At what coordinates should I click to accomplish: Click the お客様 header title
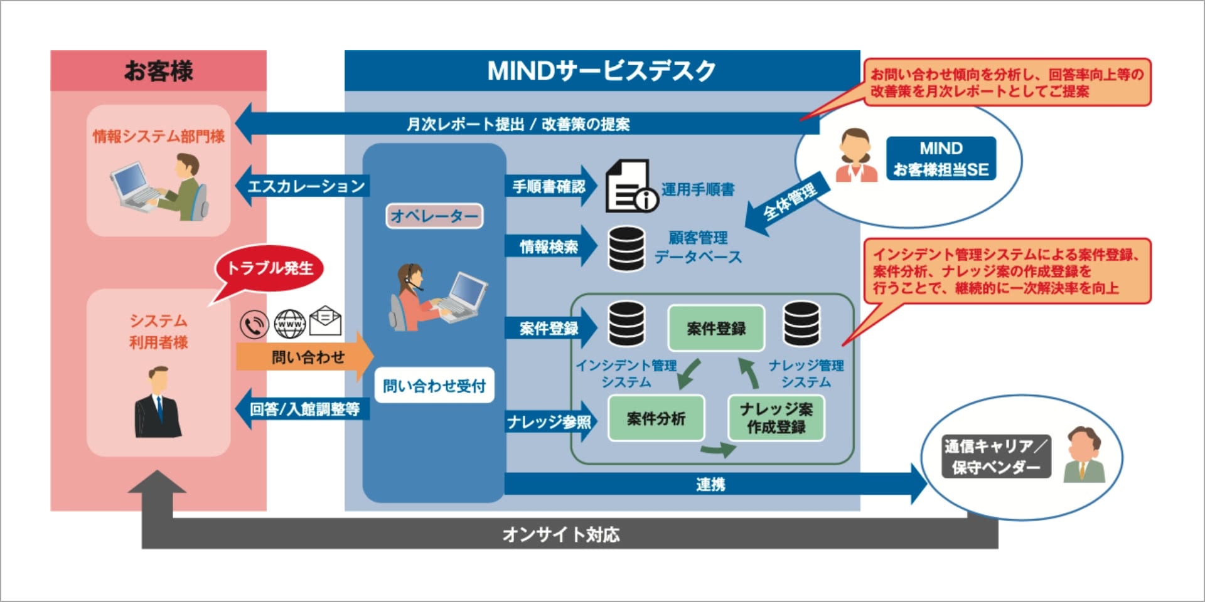click(158, 71)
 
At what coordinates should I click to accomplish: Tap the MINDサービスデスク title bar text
click(601, 71)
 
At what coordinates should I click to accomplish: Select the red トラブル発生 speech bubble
click(269, 268)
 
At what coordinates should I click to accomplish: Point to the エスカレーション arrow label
click(306, 186)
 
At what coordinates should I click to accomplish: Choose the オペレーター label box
click(434, 216)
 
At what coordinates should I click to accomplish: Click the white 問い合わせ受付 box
click(434, 386)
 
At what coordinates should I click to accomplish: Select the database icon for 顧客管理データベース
click(626, 248)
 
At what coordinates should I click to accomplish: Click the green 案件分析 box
click(656, 418)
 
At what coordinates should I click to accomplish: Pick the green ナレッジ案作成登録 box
click(776, 418)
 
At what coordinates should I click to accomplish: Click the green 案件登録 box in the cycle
click(715, 328)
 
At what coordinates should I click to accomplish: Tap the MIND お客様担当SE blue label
click(940, 159)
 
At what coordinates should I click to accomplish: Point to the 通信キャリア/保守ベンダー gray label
click(995, 456)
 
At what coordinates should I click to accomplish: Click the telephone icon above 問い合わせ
click(254, 325)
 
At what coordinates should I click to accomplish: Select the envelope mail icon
click(325, 321)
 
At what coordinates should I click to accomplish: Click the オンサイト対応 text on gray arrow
click(560, 534)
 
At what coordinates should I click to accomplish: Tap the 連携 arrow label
click(710, 484)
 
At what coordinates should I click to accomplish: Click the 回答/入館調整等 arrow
click(304, 409)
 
